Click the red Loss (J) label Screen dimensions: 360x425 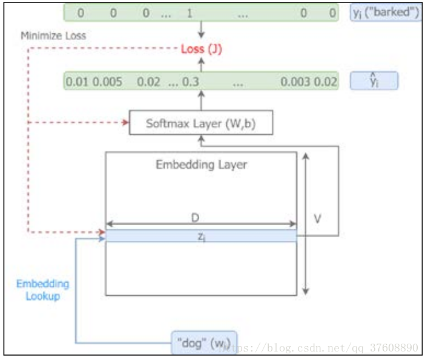(202, 49)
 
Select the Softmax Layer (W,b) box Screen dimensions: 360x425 (201, 123)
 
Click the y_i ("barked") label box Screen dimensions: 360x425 (385, 13)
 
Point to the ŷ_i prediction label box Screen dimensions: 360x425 (374, 81)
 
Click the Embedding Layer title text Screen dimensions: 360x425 (201, 164)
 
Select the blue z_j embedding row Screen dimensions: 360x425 (201, 236)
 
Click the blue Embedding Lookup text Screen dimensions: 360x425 (42, 290)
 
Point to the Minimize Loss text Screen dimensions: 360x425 (54, 36)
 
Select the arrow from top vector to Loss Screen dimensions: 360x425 (202, 31)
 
